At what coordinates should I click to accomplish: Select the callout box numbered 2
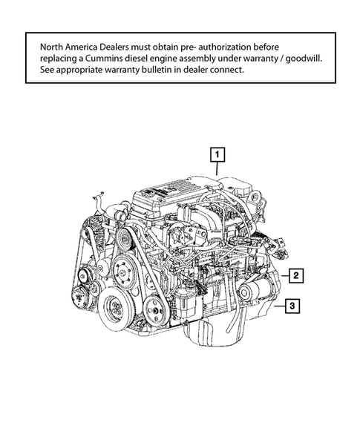(x=295, y=276)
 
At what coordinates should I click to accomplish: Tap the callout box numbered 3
(x=293, y=305)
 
